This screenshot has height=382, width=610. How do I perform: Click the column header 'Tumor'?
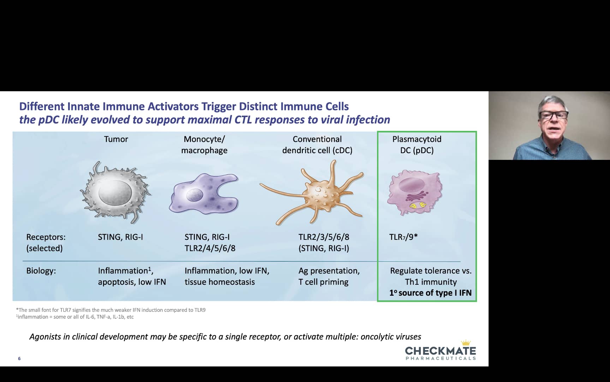[116, 139]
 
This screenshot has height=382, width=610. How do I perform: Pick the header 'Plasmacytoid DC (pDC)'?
[417, 145]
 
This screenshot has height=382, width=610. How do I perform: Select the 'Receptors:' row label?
[46, 237]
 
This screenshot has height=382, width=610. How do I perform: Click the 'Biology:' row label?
[41, 271]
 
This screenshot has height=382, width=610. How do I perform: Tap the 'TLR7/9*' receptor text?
[403, 237]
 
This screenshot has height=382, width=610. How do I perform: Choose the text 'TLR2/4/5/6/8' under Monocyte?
[210, 248]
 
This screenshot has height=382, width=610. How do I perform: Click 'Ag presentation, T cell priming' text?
[329, 276]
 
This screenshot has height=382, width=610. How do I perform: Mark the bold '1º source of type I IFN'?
[430, 293]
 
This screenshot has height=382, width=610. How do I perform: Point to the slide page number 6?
[19, 359]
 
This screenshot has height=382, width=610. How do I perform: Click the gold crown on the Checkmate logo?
[466, 342]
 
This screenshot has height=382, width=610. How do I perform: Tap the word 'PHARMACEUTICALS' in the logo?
[441, 359]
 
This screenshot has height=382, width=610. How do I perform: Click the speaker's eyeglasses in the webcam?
[553, 115]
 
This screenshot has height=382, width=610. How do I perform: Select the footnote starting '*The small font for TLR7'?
[111, 310]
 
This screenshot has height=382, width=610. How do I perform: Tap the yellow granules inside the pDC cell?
[418, 205]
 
